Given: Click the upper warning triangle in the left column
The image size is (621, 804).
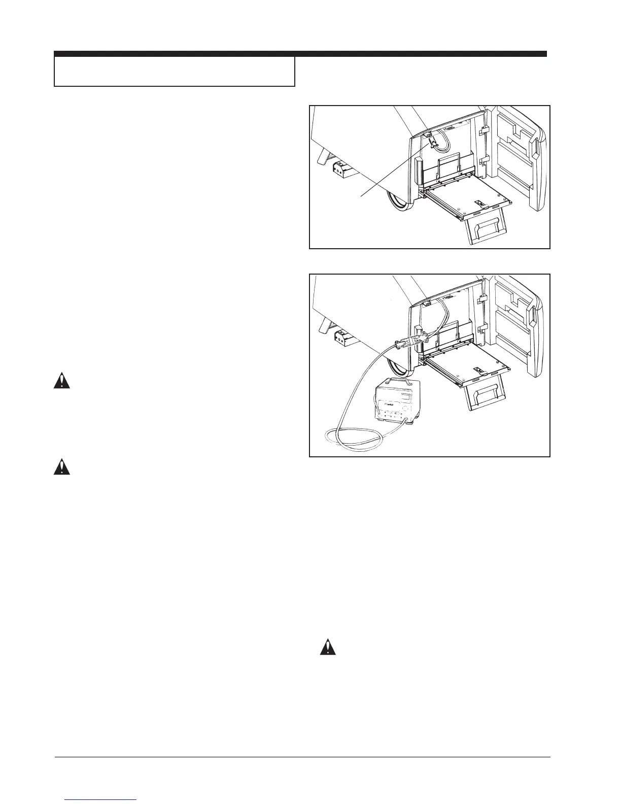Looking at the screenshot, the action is coord(61,381).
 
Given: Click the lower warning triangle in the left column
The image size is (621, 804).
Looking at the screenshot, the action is coord(61,466).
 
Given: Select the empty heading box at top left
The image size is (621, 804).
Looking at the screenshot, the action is coord(175,71).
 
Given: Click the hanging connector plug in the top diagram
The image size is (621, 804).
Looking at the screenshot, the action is coord(432,142).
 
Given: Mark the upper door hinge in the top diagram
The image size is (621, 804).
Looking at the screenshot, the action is coord(484,131).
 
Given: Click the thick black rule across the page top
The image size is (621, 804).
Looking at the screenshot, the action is coord(300,53).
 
